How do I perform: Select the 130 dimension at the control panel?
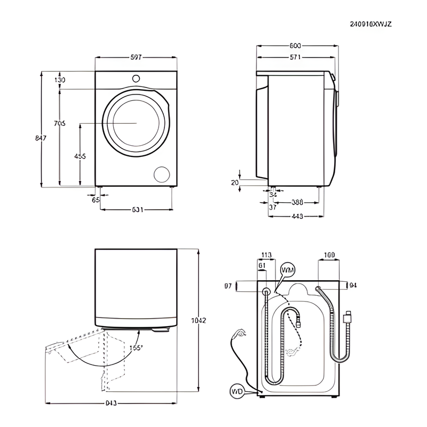[59, 80]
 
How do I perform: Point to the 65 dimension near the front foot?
[96, 200]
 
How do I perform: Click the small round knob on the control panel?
[136, 78]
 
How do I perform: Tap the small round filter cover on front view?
[161, 174]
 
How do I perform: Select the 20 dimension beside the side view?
[234, 183]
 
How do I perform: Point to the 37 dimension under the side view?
[272, 207]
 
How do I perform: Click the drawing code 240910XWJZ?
[371, 24]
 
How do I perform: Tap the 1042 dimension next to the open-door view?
[198, 320]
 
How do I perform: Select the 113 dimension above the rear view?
[266, 255]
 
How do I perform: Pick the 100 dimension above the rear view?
[329, 255]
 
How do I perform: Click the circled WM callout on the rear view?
[287, 270]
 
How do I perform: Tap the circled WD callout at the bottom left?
[237, 392]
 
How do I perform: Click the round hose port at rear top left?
[266, 291]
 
